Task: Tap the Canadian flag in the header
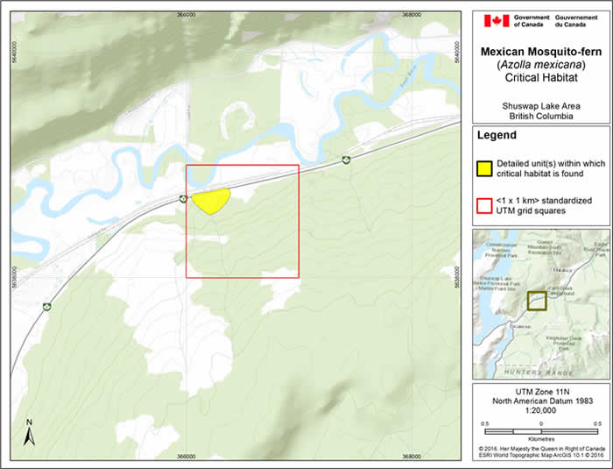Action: coord(496,20)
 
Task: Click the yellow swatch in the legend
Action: coord(483,167)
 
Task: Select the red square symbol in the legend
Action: coord(483,206)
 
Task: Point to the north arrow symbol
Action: coord(29,433)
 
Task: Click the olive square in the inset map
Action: coord(537,301)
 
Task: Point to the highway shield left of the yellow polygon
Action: coord(182,198)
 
